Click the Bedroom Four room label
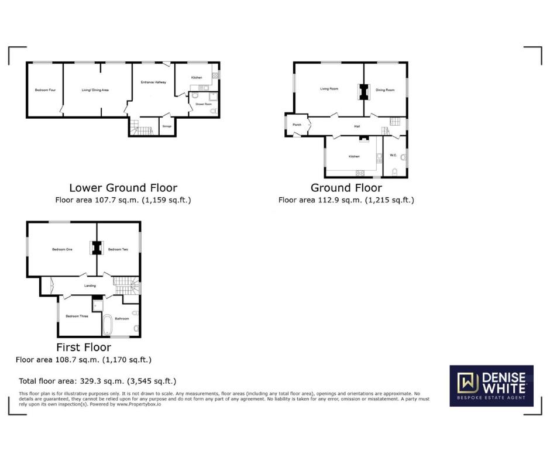45,90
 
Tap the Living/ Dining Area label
95,90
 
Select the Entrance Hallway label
153,82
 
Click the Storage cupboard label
167,126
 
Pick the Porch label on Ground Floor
297,125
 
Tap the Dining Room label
385,90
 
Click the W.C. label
393,156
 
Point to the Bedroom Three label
77,316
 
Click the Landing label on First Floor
90,285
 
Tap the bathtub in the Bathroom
108,325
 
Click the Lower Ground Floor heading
123,188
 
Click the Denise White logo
491,386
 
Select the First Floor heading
84,348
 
